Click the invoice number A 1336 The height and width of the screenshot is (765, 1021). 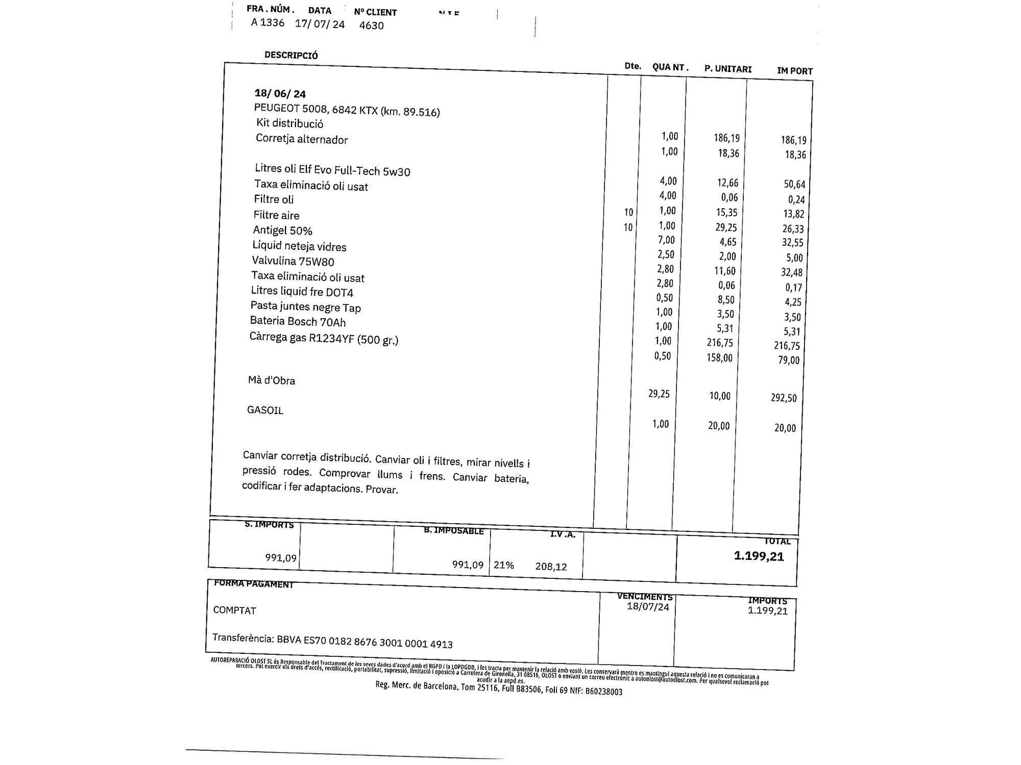268,22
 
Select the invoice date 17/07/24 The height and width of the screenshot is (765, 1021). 320,24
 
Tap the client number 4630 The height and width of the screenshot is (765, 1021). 371,25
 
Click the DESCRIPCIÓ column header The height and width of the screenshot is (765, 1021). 291,55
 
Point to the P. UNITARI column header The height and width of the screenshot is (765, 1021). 728,69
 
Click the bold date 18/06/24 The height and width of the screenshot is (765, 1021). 280,94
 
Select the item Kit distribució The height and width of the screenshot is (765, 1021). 289,123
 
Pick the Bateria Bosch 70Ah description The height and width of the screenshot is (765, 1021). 298,322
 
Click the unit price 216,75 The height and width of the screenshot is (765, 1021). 720,343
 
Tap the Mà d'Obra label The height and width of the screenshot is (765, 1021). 271,380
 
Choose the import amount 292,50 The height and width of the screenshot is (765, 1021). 784,398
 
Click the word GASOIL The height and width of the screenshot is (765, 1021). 265,410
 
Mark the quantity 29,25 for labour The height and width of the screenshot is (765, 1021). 659,394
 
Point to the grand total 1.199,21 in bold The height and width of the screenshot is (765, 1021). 759,556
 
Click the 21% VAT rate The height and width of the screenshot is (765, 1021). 503,565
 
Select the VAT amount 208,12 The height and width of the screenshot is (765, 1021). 551,566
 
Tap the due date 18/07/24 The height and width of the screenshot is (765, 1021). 648,607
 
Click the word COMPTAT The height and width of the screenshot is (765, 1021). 234,610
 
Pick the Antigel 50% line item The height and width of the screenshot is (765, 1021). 282,231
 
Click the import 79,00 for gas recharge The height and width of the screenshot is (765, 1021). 789,360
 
